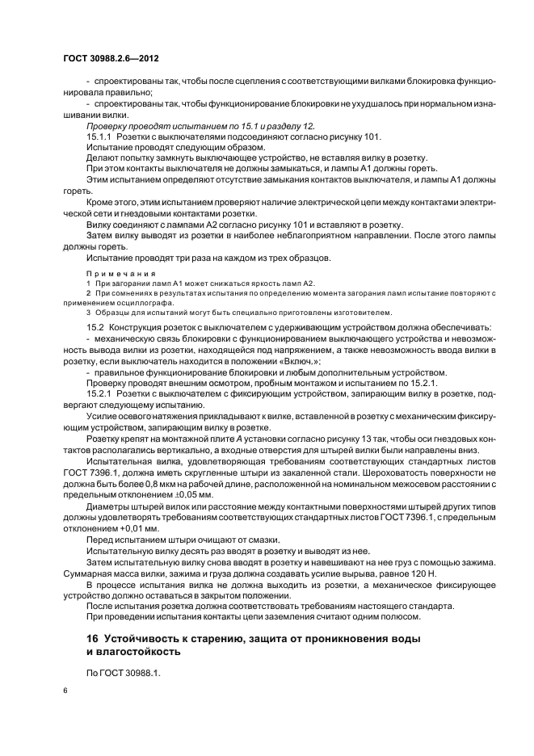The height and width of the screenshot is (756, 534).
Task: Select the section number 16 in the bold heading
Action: [x=93, y=639]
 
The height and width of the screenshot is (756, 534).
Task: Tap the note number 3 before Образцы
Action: [x=89, y=311]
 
